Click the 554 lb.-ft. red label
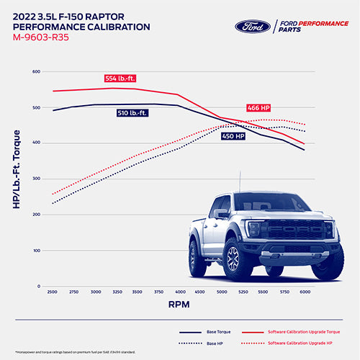point(121,78)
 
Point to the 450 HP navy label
point(233,135)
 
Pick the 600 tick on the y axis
point(36,72)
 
